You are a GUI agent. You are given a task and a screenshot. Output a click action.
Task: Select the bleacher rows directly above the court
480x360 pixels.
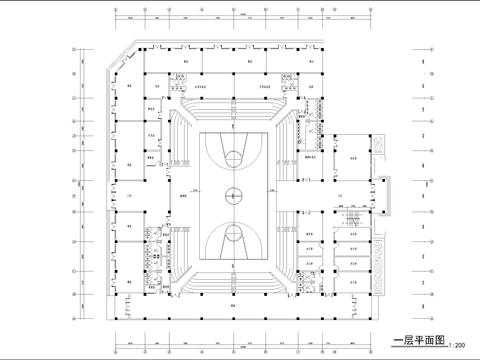232,108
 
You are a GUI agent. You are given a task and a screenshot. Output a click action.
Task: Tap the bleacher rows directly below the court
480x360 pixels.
232,279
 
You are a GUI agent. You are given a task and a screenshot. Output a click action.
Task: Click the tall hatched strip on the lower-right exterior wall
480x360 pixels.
377,280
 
